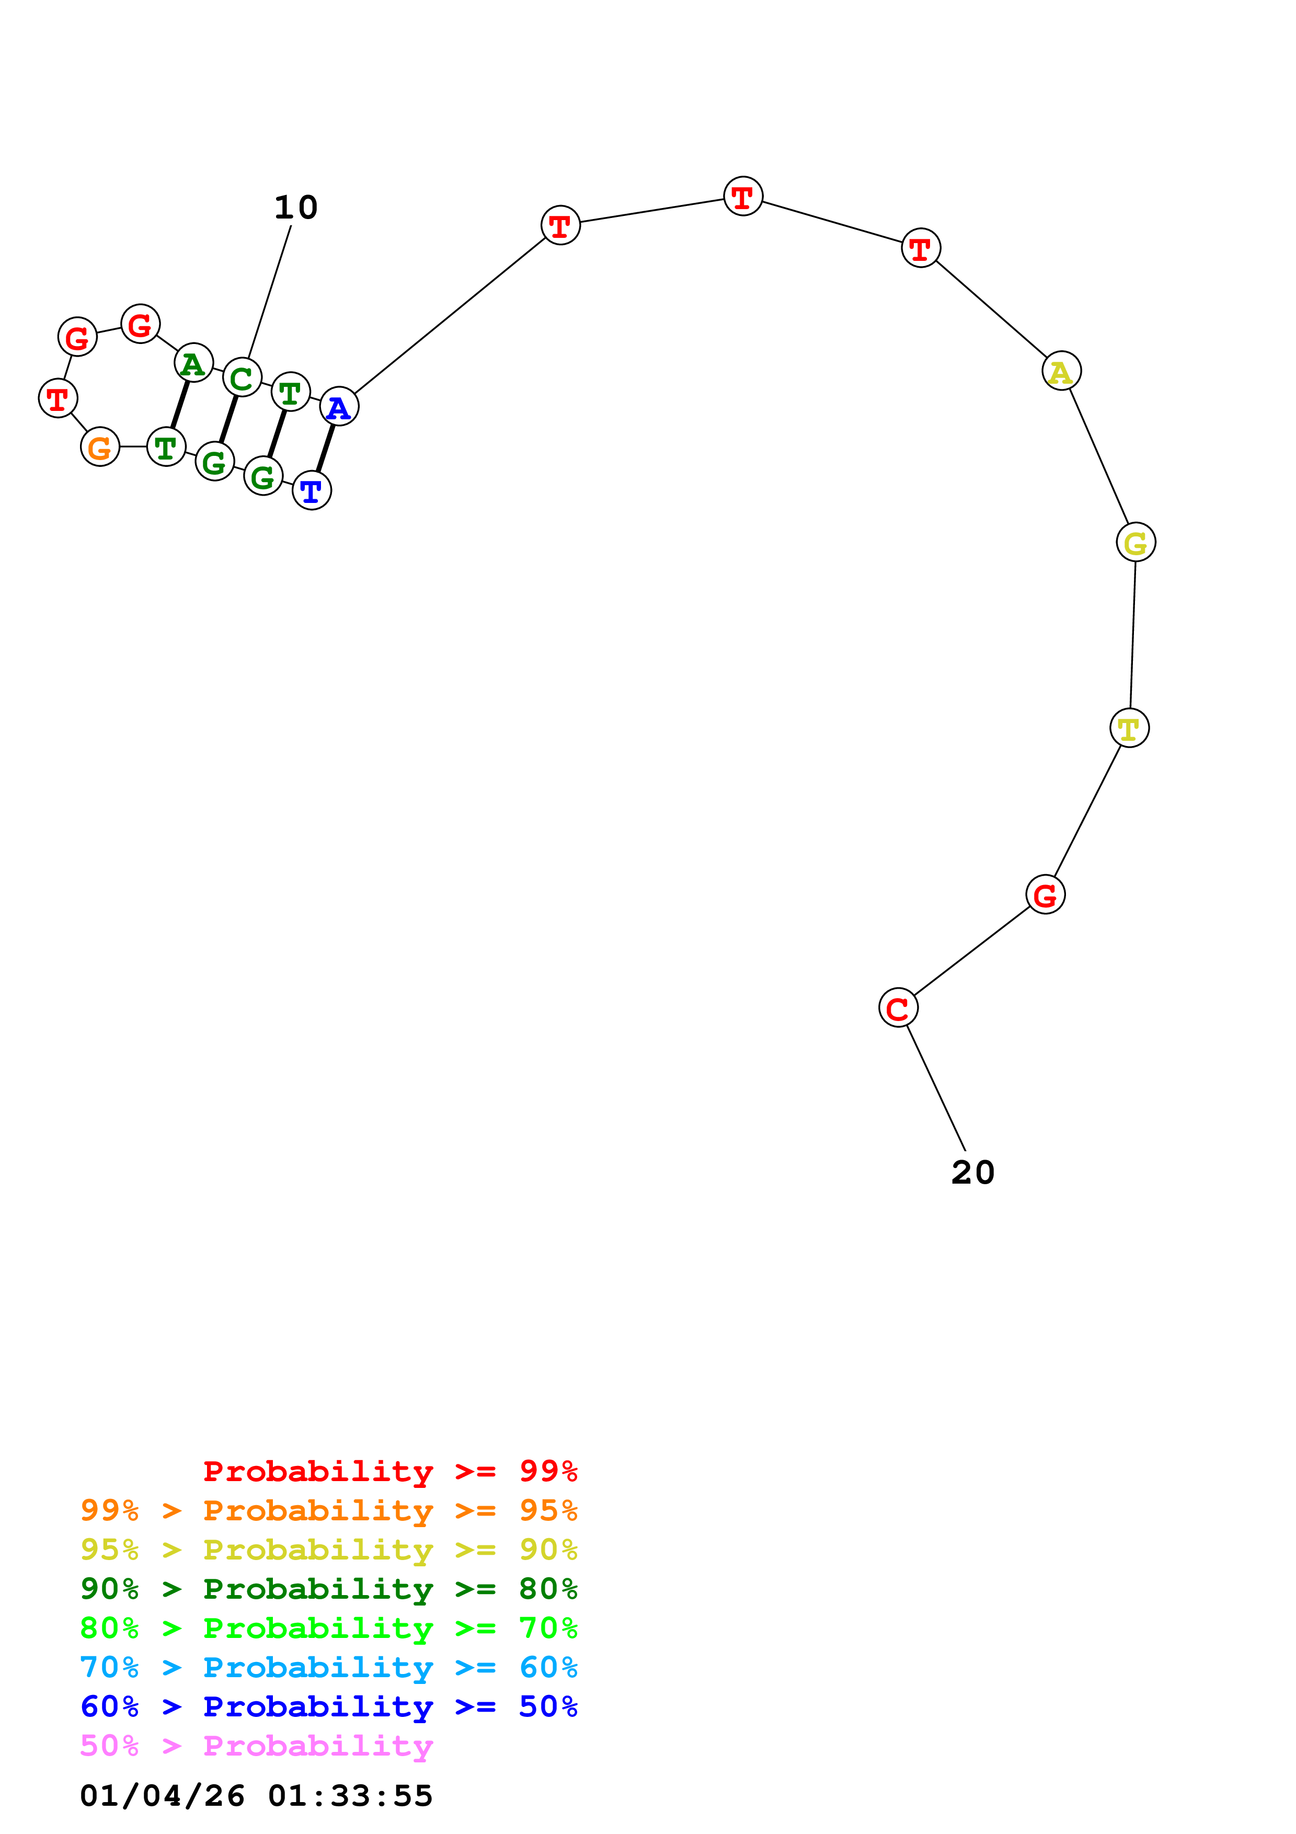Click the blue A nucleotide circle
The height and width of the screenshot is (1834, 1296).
click(x=339, y=407)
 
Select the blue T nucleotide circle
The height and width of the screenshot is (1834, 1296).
click(x=312, y=490)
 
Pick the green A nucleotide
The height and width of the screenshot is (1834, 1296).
click(x=193, y=363)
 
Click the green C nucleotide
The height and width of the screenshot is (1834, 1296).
click(x=242, y=378)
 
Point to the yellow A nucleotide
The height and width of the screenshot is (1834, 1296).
click(x=1061, y=371)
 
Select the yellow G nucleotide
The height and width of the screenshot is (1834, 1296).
click(x=1136, y=542)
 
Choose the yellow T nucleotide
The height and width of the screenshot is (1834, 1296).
click(x=1129, y=728)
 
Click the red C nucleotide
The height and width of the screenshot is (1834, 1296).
click(x=898, y=1008)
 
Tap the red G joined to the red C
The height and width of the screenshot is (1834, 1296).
click(x=1045, y=895)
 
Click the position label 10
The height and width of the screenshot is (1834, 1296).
click(x=296, y=208)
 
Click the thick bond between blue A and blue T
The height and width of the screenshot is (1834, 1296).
click(x=325, y=449)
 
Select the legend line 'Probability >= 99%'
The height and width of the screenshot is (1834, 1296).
click(x=391, y=1471)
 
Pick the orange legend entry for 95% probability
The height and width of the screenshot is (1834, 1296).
click(x=329, y=1510)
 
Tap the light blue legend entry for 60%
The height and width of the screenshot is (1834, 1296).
click(x=329, y=1667)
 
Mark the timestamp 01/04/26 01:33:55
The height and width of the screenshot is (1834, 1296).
click(x=256, y=1796)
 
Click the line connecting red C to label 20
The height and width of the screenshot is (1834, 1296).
click(x=936, y=1088)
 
